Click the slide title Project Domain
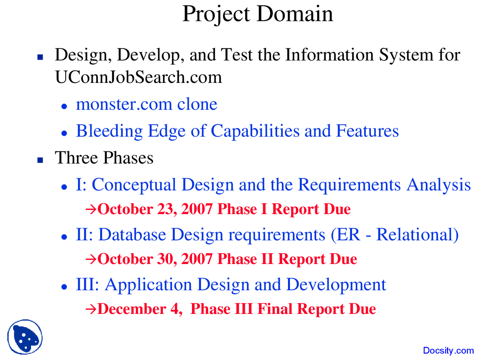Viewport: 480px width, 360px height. [x=257, y=14]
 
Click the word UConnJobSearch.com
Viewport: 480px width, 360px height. [x=138, y=77]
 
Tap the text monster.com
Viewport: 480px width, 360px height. [x=124, y=104]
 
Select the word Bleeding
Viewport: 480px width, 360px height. [x=109, y=131]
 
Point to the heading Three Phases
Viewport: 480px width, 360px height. [x=104, y=158]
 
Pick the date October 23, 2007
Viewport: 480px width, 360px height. [x=155, y=209]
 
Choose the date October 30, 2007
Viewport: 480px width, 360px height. [x=155, y=259]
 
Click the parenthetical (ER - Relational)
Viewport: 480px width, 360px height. [x=394, y=235]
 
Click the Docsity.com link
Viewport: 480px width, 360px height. [x=448, y=351]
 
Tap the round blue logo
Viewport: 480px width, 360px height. [x=25, y=337]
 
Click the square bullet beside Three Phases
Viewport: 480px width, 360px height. [x=40, y=160]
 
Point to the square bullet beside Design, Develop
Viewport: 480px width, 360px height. [x=40, y=57]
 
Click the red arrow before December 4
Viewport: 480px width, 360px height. [x=91, y=309]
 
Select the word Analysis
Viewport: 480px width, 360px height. [x=438, y=185]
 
